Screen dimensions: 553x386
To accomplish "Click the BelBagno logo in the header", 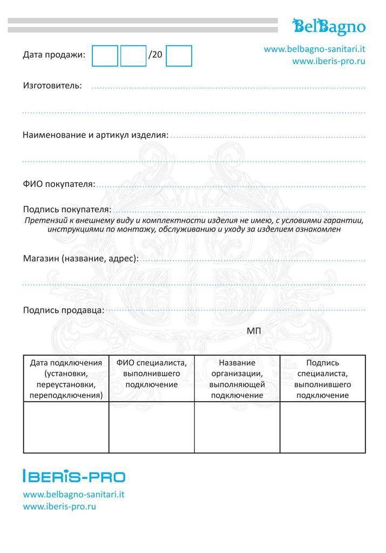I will pyautogui.click(x=329, y=25).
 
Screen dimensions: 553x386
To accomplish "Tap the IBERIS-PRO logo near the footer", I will pyautogui.click(x=74, y=476).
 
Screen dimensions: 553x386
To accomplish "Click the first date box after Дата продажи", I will pyautogui.click(x=105, y=56).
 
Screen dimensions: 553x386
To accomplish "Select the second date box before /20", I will pyautogui.click(x=133, y=56).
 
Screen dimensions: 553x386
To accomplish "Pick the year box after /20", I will pyautogui.click(x=179, y=56).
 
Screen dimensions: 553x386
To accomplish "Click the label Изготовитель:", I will pyautogui.click(x=52, y=85).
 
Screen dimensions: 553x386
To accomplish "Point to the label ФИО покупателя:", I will pyautogui.click(x=59, y=184).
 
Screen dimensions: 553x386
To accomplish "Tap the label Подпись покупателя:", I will pyautogui.click(x=67, y=209).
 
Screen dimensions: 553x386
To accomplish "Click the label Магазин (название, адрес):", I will pyautogui.click(x=80, y=258).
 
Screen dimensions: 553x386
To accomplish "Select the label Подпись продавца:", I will pyautogui.click(x=64, y=310).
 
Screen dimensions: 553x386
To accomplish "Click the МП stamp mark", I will pyautogui.click(x=254, y=331).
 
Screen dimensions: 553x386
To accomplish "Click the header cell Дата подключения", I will pyautogui.click(x=66, y=379).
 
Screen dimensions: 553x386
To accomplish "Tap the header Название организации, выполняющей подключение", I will pyautogui.click(x=237, y=379).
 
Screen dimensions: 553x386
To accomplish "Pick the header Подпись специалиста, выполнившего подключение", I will pyautogui.click(x=322, y=379).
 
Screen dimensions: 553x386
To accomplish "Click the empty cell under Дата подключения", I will pyautogui.click(x=66, y=428).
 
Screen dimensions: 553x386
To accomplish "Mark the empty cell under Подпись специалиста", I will pyautogui.click(x=322, y=428).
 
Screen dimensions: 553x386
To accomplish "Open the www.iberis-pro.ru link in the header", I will pyautogui.click(x=329, y=61).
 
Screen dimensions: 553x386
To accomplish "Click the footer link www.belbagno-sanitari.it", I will pyautogui.click(x=74, y=494).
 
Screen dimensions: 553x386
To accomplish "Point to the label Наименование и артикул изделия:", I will pyautogui.click(x=96, y=134).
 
